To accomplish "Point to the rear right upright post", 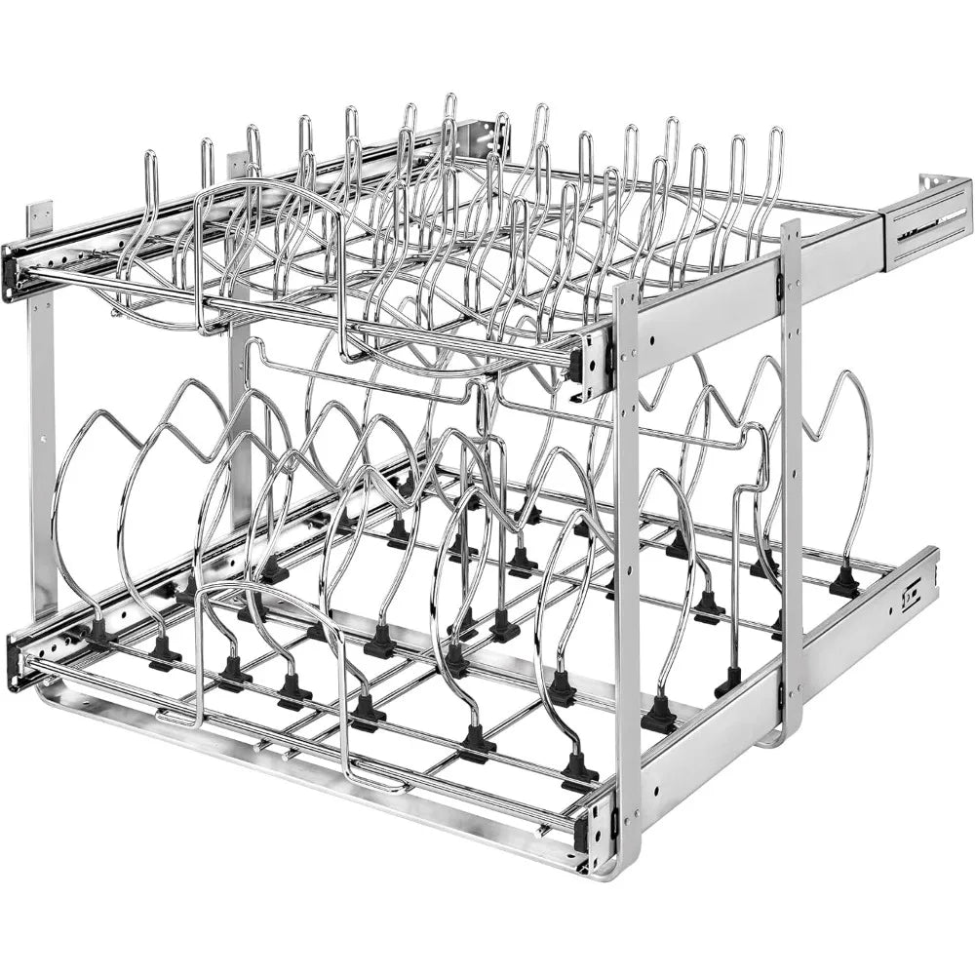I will (792, 468).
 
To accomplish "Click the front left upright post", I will (41, 419).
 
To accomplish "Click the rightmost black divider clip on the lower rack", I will (844, 583).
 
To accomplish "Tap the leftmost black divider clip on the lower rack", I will (99, 632).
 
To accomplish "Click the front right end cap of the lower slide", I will (597, 829).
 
